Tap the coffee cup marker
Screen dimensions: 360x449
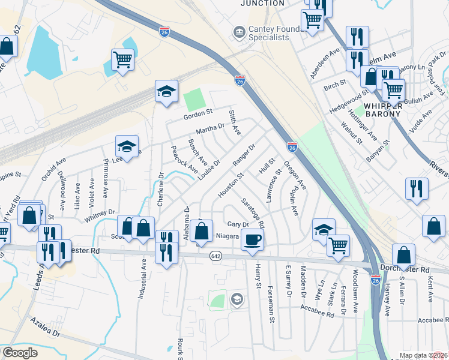(x=252, y=239)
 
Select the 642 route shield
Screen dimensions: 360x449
(x=215, y=256)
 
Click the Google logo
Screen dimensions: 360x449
(x=20, y=352)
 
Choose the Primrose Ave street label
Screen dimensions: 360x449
(x=106, y=174)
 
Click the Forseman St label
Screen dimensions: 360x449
(x=272, y=304)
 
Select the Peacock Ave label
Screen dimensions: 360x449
(x=184, y=160)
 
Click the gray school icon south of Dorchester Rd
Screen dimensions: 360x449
(x=237, y=299)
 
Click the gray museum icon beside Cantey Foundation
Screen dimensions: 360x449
(x=240, y=31)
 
